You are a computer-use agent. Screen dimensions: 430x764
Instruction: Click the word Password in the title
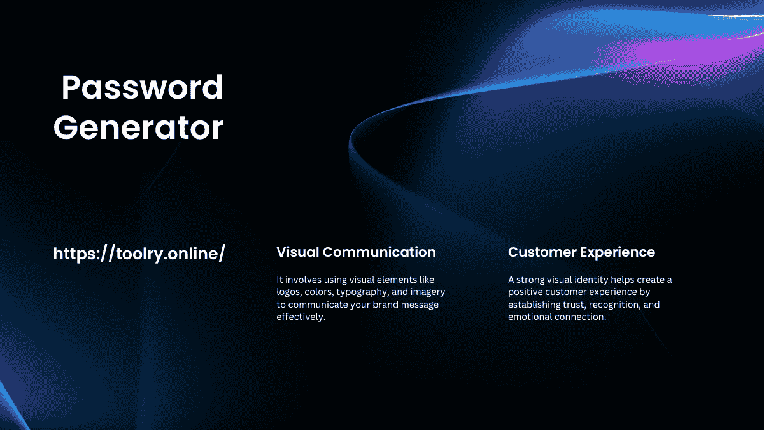click(x=142, y=88)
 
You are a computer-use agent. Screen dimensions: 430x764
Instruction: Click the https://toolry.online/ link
click(x=139, y=254)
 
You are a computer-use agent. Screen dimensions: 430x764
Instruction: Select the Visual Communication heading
click(x=356, y=252)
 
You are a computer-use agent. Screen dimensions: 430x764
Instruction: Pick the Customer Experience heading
click(x=581, y=252)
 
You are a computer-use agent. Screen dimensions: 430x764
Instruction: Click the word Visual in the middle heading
click(x=297, y=252)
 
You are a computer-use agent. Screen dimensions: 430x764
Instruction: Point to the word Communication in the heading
click(x=379, y=252)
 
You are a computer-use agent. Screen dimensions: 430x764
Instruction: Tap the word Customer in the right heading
click(x=542, y=252)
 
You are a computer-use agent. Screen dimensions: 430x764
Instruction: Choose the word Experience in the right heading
click(x=617, y=252)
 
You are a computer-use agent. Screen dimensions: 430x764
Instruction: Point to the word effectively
click(x=301, y=317)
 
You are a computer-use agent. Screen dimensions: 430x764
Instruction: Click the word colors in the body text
click(x=322, y=292)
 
